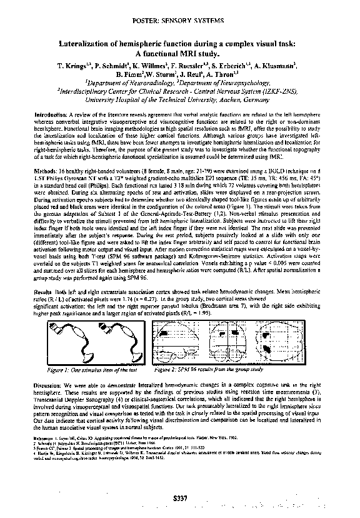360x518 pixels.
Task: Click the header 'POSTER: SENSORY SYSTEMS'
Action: (x=180, y=21)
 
